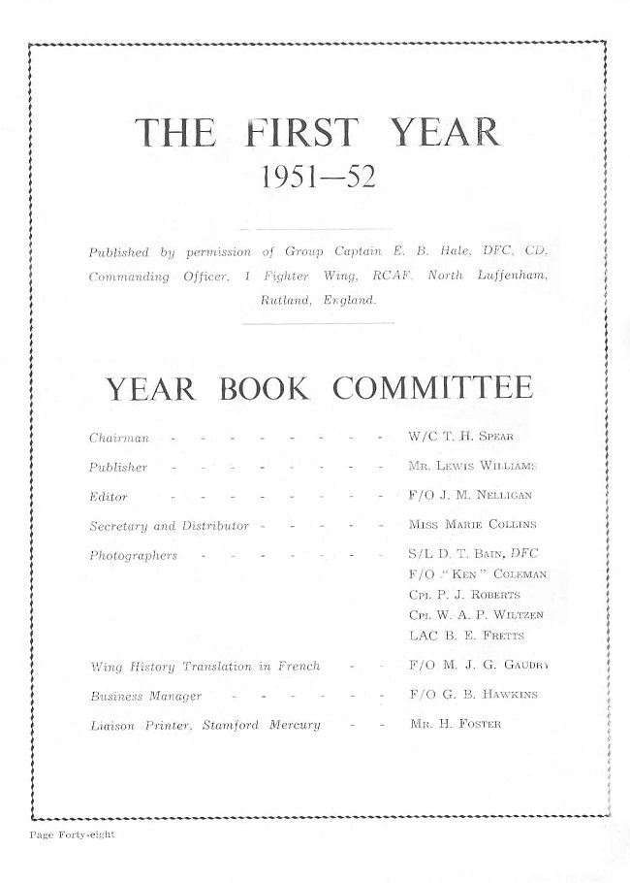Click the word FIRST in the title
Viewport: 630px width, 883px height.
[301, 132]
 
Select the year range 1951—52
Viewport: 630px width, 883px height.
[318, 178]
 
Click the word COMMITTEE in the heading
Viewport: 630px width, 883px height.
[432, 388]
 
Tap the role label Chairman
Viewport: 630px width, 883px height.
[118, 439]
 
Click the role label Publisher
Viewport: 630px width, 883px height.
[118, 468]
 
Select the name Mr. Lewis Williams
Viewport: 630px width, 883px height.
[472, 467]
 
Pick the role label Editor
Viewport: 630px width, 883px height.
[108, 497]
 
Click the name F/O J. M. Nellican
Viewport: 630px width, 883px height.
[470, 496]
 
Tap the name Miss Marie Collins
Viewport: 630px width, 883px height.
[472, 525]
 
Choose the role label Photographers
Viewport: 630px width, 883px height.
[133, 556]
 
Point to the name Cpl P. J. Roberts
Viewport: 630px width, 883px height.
[464, 595]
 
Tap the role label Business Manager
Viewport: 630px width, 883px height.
[145, 696]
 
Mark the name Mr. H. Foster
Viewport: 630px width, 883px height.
[455, 724]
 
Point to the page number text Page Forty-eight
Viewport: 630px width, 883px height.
[72, 834]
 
